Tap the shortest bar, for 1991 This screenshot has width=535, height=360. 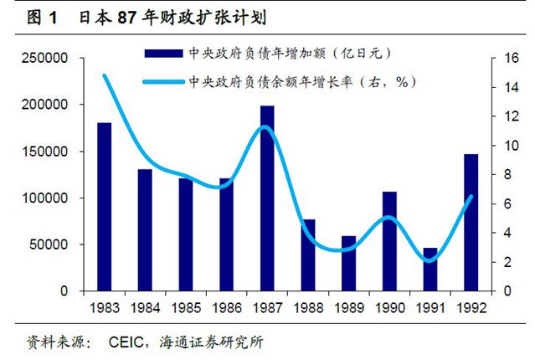430,270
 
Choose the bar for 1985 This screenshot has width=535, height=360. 186,234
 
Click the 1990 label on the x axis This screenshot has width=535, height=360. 389,306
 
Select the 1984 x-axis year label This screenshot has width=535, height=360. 146,306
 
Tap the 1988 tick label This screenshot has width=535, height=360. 308,306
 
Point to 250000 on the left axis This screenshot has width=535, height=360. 45,59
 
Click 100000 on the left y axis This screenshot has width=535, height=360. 45,198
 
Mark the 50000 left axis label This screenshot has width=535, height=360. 49,245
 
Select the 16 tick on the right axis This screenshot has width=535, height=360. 505,59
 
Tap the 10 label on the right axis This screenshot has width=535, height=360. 505,146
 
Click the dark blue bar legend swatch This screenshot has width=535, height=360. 164,54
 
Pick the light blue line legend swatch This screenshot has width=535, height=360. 164,82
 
